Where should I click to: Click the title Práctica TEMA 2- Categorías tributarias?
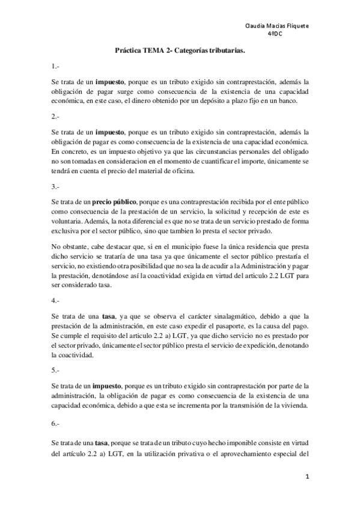(x=180, y=52)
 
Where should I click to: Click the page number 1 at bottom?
(x=307, y=476)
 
